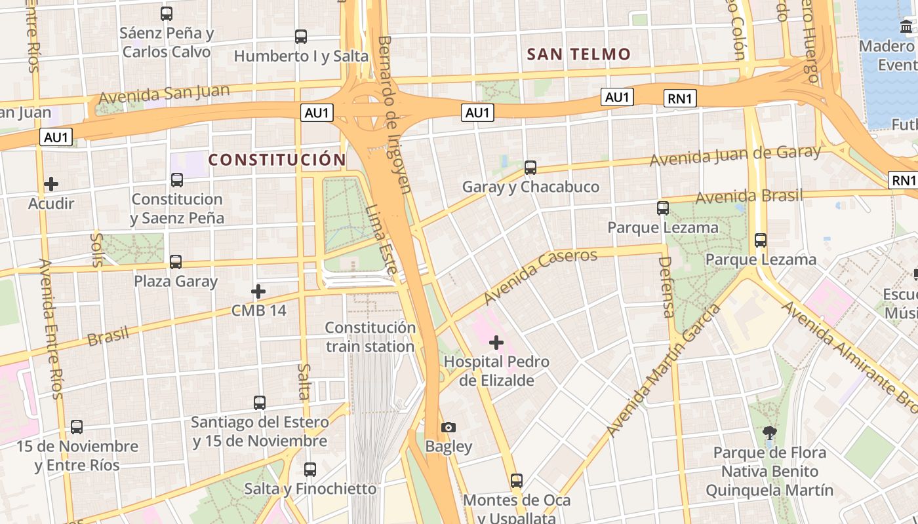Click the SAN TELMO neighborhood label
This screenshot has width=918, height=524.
[579, 54]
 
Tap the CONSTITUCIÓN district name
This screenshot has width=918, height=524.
[277, 160]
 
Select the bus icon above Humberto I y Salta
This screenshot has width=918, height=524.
[301, 37]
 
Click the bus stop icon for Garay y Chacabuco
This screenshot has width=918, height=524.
[530, 168]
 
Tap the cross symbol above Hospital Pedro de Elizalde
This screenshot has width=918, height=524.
[496, 342]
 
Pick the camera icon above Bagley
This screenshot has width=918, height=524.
[449, 427]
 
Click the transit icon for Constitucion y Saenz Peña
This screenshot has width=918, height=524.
[177, 179]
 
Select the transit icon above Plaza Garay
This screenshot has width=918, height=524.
[176, 262]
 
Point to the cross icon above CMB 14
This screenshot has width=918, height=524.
[258, 291]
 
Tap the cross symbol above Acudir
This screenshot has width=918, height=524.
[51, 184]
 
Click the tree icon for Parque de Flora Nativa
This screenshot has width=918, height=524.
[769, 433]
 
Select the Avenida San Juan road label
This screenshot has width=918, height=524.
[163, 94]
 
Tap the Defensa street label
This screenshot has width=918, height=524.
[666, 286]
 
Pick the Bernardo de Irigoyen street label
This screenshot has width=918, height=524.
[394, 115]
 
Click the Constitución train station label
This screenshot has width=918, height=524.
[370, 337]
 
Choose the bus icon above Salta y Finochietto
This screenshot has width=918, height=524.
[310, 470]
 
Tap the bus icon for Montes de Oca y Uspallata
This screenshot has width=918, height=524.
[517, 481]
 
